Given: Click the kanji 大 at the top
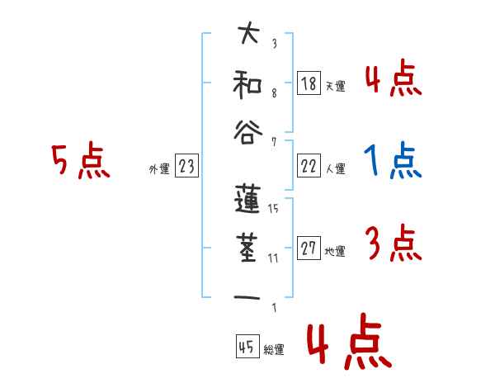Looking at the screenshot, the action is click(x=248, y=35).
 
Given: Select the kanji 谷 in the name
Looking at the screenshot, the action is click(x=248, y=129).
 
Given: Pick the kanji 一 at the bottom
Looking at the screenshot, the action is click(x=248, y=296).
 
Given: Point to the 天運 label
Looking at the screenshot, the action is click(x=335, y=86).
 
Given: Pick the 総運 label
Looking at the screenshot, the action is click(x=273, y=349).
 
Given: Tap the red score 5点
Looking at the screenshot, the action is click(x=80, y=161).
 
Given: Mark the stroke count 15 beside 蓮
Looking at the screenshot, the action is click(x=273, y=209).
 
